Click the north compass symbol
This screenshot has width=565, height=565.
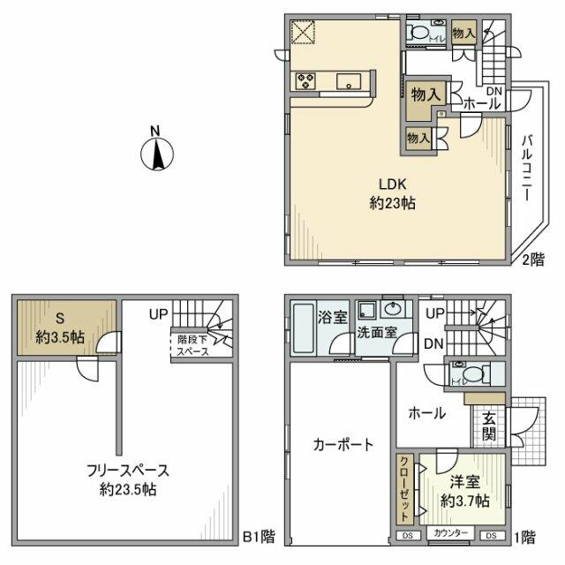point(154,153)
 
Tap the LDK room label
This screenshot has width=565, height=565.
point(393,193)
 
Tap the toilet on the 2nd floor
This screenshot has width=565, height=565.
point(425,33)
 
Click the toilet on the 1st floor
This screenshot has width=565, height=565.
point(465,372)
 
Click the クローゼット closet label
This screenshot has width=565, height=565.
point(403,491)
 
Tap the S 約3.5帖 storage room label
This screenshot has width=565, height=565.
point(59,327)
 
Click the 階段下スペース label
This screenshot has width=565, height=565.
point(189,343)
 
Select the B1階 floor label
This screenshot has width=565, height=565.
point(259,536)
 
